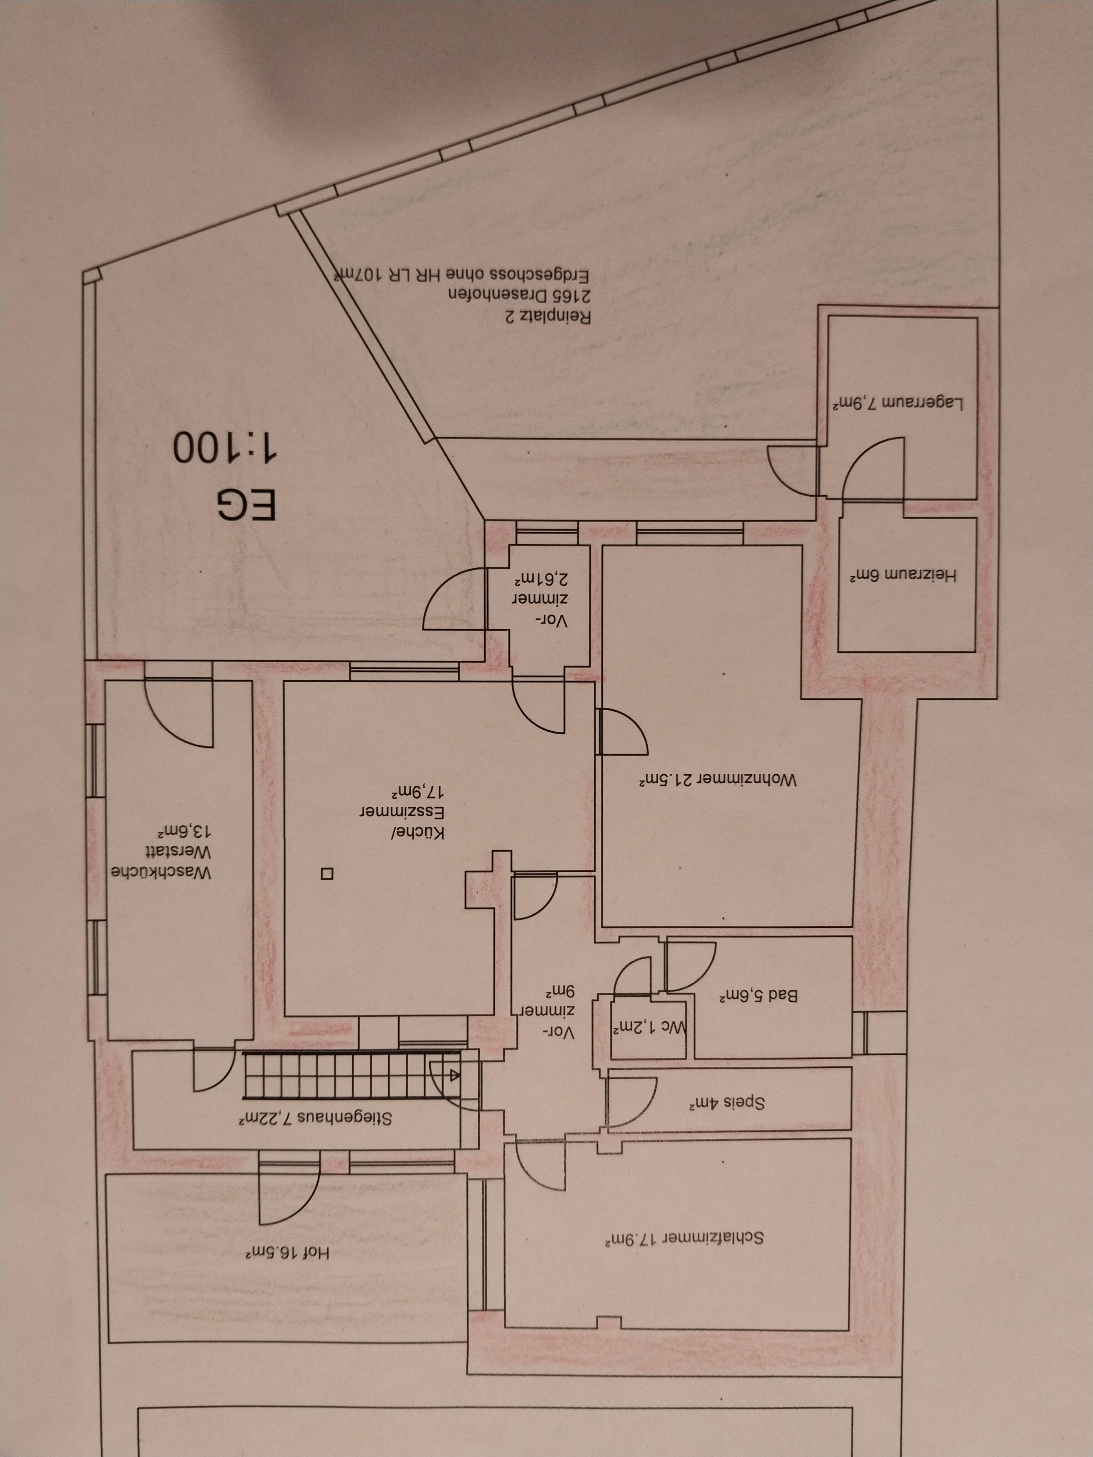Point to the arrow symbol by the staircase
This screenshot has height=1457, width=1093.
pos(455,1075)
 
